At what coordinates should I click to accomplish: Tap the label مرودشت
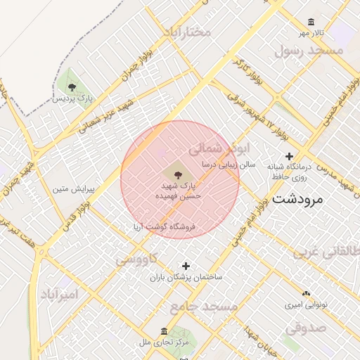click(297, 198)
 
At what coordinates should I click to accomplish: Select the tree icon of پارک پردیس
click(72, 87)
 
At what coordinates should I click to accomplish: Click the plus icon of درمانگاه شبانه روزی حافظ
click(288, 156)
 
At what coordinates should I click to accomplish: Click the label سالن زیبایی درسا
click(227, 164)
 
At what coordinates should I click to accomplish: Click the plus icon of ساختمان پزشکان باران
click(186, 266)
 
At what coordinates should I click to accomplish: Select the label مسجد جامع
click(203, 307)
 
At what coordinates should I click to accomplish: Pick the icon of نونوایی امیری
click(305, 294)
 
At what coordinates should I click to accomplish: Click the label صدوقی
click(306, 327)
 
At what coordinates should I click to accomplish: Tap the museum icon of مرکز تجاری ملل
click(164, 331)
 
